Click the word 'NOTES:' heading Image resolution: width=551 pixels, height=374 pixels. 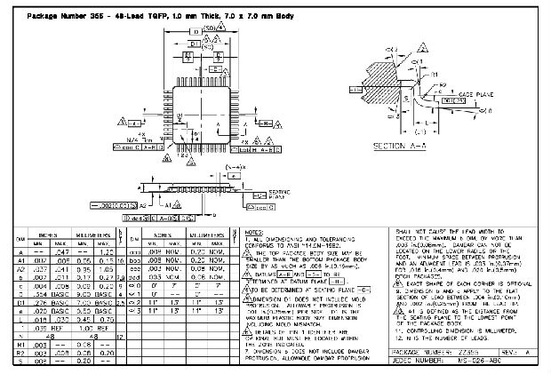pos(253,231)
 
